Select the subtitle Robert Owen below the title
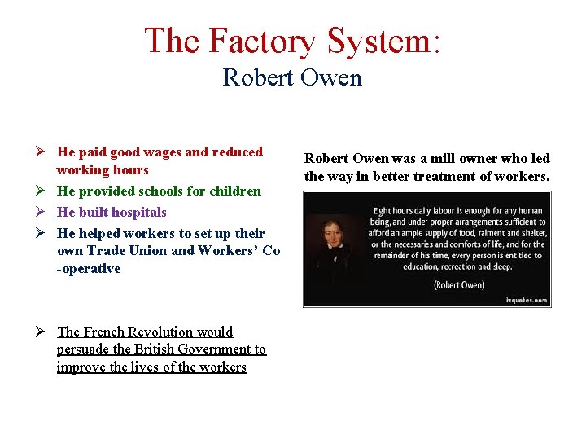pos(292,77)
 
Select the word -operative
pos(89,268)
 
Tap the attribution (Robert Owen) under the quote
pos(459,284)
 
